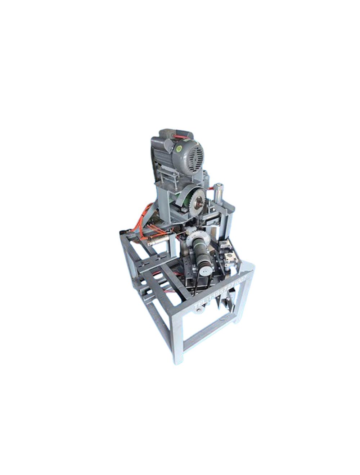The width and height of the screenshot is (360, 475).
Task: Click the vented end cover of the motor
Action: (x=193, y=152)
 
